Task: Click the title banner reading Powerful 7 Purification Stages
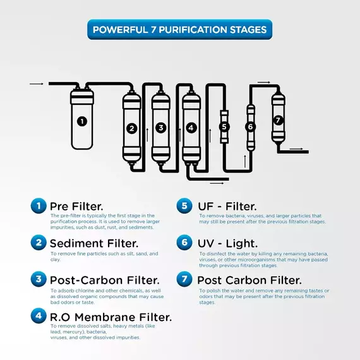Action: coord(180,30)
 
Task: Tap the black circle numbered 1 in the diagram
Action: coord(82,121)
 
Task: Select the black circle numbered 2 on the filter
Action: coord(131,128)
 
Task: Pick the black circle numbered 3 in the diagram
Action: coord(160,128)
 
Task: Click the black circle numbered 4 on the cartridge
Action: coord(191,128)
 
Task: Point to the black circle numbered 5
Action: coord(224,127)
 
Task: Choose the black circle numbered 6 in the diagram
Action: coord(250,126)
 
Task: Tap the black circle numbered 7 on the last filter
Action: coord(278,120)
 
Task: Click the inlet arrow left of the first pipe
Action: coord(36,84)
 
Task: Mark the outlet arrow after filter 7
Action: coord(296,149)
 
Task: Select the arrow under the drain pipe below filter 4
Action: coord(217,183)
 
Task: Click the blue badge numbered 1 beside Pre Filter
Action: coord(39,206)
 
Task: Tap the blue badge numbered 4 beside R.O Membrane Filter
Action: coord(39,316)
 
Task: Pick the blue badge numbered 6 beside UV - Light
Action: coord(184,243)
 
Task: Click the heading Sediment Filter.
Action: coord(94,243)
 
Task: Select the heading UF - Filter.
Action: coord(227,206)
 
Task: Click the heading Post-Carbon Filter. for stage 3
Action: coord(105,280)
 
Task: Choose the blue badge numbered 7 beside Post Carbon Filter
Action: coord(184,279)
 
